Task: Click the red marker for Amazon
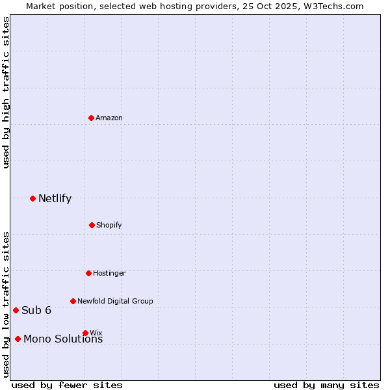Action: click(92, 118)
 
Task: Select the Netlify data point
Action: click(33, 198)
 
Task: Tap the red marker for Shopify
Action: click(92, 225)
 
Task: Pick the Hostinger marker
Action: click(89, 273)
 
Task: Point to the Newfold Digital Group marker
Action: click(73, 301)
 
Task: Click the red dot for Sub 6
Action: click(16, 310)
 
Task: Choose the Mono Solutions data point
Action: click(18, 339)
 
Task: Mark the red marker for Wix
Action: click(86, 333)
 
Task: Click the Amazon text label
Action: click(109, 118)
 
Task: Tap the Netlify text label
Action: click(55, 199)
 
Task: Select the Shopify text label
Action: click(109, 225)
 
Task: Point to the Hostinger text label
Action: click(109, 273)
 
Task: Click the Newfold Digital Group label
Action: click(115, 301)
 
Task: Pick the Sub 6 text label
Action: click(36, 310)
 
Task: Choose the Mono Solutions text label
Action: click(63, 339)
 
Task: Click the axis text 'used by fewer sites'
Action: click(67, 385)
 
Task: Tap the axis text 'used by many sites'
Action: click(326, 385)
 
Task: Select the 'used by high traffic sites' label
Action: click(6, 92)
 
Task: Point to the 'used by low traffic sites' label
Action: click(6, 304)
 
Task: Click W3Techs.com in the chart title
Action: click(332, 6)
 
